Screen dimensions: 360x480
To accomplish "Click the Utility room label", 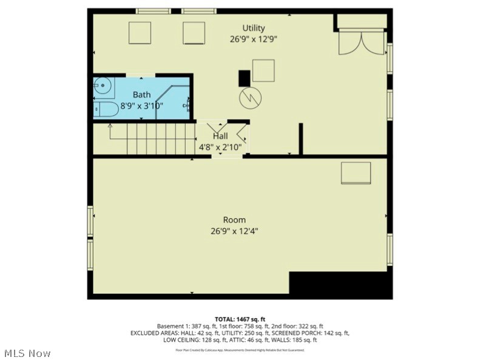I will click(x=254, y=28).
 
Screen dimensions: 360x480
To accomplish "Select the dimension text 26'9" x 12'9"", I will click(x=254, y=39).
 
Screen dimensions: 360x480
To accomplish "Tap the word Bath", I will click(x=142, y=95).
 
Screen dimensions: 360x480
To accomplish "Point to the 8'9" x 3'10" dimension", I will click(x=142, y=106).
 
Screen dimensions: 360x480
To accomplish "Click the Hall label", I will click(x=220, y=136).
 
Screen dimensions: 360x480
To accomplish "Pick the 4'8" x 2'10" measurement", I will click(x=220, y=147).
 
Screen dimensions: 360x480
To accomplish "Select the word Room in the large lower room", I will click(x=234, y=220).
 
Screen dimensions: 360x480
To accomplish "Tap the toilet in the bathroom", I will click(x=107, y=109).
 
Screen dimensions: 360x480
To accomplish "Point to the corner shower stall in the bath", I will click(x=177, y=101).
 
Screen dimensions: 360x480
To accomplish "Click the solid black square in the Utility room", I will click(x=244, y=78).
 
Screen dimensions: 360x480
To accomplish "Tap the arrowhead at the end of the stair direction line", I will click(x=110, y=126).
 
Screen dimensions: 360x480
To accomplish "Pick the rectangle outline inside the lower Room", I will click(x=356, y=172).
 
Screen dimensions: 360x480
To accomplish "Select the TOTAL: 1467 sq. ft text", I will click(x=240, y=319).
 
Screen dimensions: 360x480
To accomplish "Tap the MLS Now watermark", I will click(x=27, y=353).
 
